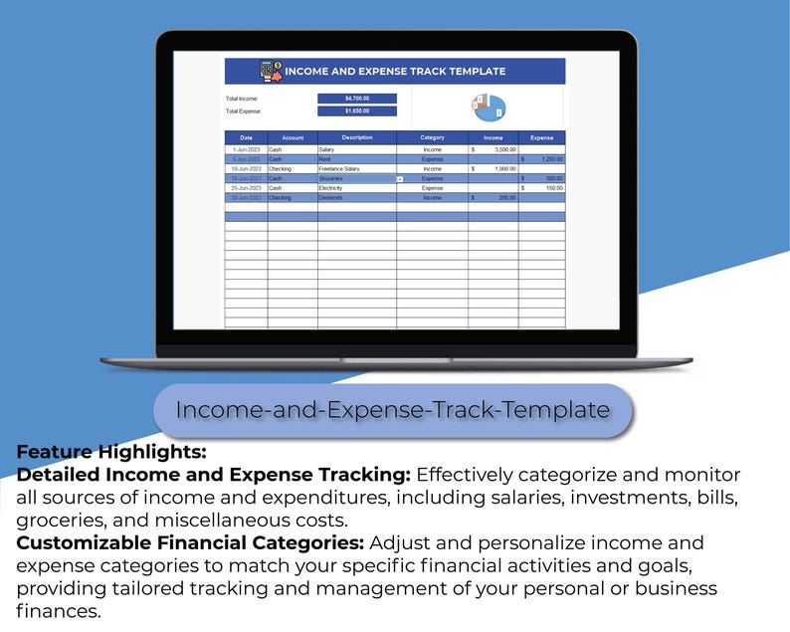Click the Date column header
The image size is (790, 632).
(246, 137)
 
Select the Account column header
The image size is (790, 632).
(293, 137)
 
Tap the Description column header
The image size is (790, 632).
(356, 137)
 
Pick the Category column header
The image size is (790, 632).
(432, 137)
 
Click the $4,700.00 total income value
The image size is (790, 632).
(356, 99)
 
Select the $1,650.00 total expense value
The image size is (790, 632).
(356, 111)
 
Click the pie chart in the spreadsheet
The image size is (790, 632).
(489, 106)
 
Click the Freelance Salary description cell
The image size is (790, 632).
(339, 169)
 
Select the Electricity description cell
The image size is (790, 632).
(330, 188)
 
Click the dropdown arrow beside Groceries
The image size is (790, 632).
(400, 179)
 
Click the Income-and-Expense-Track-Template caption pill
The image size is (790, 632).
(393, 409)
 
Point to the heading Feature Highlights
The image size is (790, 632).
(111, 451)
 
